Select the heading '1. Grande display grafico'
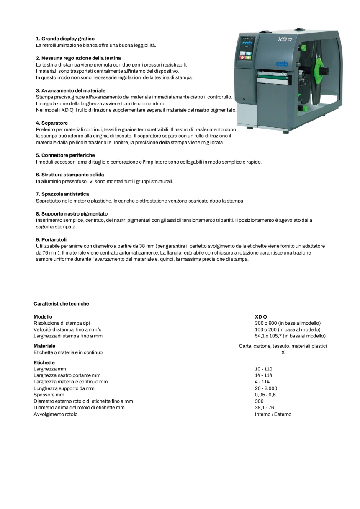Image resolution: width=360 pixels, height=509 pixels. coord(65,39)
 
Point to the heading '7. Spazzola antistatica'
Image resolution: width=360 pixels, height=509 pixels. coord(62,194)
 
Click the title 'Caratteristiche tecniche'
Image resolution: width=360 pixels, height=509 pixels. coord(61,303)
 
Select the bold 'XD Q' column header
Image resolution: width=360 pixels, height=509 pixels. coord(261,317)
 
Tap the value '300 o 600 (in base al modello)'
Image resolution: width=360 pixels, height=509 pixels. coord(288,323)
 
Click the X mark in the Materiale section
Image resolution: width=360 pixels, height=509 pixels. coord(283,352)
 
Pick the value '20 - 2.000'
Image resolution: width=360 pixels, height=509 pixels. coord(266,388)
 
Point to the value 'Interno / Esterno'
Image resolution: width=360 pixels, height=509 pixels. coord(273,414)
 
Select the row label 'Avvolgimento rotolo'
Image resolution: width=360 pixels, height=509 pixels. coord(55,414)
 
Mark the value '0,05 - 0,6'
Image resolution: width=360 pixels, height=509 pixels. coord(265,395)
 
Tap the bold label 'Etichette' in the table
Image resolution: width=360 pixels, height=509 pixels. coord(44,362)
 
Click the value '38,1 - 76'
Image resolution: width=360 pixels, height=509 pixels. coord(264,407)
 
